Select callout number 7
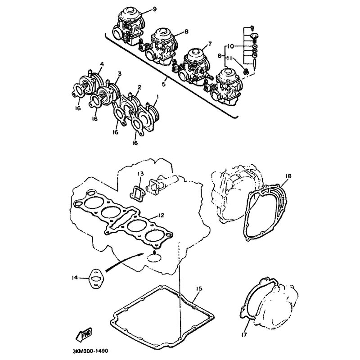point(209,44)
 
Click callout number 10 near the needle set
point(231,46)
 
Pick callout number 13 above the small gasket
point(140,173)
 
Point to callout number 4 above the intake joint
point(102,64)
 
